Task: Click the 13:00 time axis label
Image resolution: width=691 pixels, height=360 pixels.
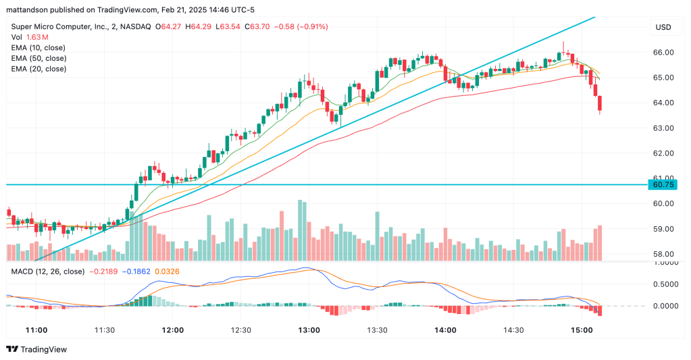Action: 309,330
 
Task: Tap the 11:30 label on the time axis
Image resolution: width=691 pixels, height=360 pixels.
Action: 104,330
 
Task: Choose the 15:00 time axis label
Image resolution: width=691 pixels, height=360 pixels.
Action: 582,330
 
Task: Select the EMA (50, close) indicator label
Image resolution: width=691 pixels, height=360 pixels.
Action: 38,59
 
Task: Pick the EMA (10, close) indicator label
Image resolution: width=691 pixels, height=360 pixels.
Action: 38,48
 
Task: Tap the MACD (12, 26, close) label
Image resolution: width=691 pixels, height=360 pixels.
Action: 47,272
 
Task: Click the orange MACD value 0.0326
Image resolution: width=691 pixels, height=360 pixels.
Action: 168,272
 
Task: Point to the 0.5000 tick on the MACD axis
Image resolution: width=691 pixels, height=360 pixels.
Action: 665,284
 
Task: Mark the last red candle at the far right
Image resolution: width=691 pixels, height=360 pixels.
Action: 600,104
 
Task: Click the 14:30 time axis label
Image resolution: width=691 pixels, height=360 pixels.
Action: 514,330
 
